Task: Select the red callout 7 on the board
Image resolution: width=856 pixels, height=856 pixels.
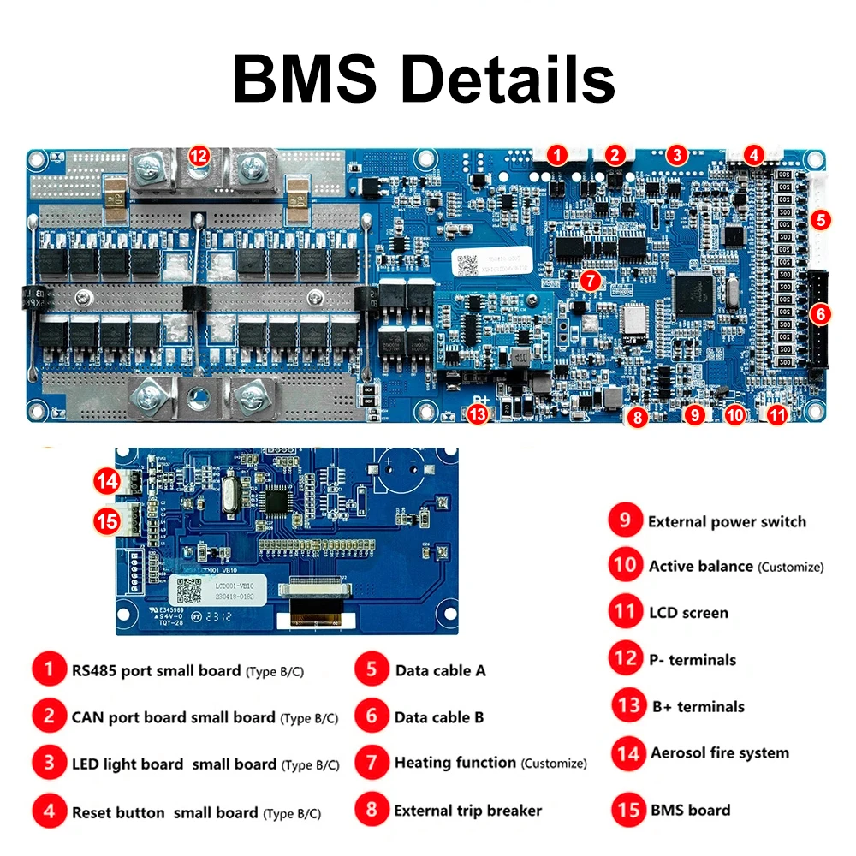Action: pos(590,280)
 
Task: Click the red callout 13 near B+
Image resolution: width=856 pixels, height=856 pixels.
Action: pos(478,415)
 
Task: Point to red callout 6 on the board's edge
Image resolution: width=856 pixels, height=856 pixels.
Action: pos(820,314)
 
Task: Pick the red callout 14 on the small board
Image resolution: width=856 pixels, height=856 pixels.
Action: pos(107,482)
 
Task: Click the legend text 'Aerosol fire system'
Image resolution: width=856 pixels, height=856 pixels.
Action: pos(719,753)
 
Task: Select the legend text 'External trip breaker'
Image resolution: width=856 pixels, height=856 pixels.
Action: pos(467,810)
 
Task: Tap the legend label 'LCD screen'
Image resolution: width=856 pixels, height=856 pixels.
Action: pos(688,613)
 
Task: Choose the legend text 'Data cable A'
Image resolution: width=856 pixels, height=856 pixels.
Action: pos(440,670)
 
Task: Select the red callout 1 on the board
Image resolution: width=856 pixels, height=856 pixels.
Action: pos(556,155)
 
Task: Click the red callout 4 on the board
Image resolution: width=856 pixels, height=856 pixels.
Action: pos(753,155)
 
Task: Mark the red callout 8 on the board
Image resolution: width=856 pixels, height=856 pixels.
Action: pos(635,419)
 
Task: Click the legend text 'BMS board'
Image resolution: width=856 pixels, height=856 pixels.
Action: pos(690,810)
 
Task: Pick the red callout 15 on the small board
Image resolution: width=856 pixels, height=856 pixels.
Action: pos(107,520)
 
